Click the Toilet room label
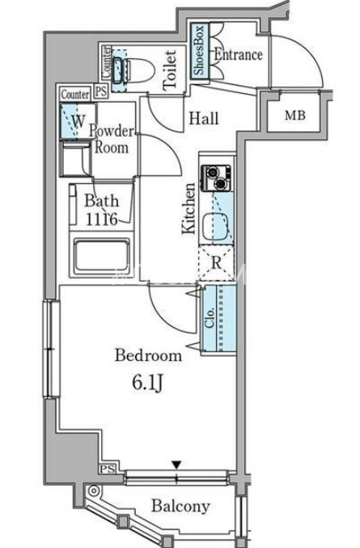(170, 69)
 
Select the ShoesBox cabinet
(200, 51)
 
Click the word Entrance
(238, 54)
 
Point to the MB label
(295, 115)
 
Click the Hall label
(204, 118)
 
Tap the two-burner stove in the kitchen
(217, 178)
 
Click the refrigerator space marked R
(217, 263)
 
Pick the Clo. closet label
(210, 317)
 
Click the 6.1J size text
(147, 384)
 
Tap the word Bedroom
(148, 355)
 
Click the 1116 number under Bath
(101, 219)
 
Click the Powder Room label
(112, 139)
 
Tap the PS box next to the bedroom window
(108, 469)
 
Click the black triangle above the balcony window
(176, 465)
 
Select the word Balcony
(180, 506)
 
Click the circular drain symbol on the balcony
(93, 491)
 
